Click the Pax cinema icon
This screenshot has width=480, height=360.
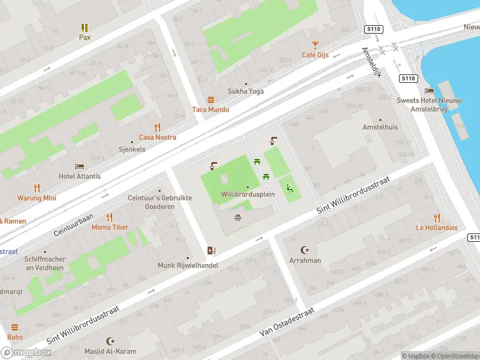(x=85, y=28)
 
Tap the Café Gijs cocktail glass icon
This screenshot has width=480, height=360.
(x=315, y=45)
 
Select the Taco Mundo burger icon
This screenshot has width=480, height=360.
(x=211, y=100)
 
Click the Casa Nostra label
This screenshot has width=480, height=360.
(x=158, y=137)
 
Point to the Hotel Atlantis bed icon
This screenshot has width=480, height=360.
(x=79, y=166)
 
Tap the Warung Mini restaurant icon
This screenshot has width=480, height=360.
(x=37, y=188)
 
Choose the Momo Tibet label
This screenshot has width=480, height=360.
(x=109, y=227)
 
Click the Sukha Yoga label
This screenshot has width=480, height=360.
(x=245, y=91)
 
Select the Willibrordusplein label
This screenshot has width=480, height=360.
(x=247, y=194)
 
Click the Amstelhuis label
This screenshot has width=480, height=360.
(x=380, y=127)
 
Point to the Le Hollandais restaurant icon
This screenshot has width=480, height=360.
(x=437, y=218)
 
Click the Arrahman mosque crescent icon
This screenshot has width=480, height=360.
(x=305, y=250)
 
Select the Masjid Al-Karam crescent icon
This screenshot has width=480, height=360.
(x=110, y=341)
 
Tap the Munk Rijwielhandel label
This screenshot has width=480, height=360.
(x=188, y=265)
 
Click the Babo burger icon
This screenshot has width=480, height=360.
(x=15, y=327)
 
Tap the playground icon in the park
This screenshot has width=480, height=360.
(x=289, y=188)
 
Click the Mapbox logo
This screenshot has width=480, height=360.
(x=26, y=353)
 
